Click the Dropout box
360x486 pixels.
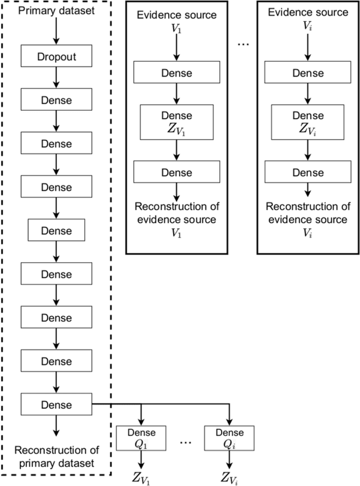(56, 57)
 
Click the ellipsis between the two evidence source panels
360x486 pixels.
(242, 46)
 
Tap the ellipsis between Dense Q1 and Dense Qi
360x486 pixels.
(186, 442)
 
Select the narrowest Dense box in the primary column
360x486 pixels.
(56, 231)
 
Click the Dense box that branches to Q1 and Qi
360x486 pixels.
(56, 404)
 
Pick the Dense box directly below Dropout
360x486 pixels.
(56, 100)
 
